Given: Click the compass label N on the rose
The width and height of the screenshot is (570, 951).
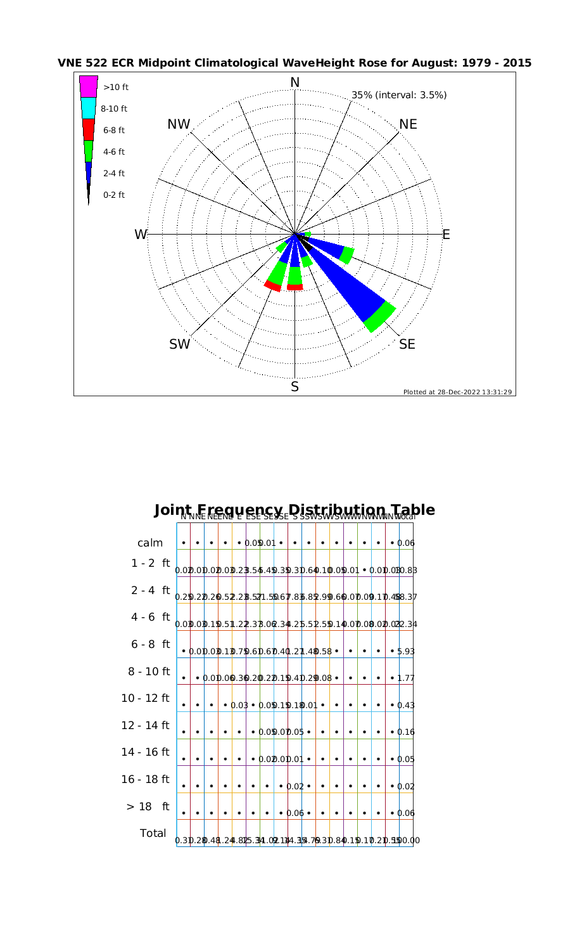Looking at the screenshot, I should pos(294,82).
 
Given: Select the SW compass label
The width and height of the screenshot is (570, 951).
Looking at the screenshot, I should pos(180,344).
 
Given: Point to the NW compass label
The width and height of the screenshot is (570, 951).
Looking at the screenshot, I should pos(179,125).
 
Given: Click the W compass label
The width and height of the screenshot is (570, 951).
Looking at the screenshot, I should pos(141,235).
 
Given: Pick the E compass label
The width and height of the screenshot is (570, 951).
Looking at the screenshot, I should pos(446,235).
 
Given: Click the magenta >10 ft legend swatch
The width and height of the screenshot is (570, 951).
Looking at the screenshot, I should pos(89,86).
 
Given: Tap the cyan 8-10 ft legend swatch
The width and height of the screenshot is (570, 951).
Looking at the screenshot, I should pos(89,108).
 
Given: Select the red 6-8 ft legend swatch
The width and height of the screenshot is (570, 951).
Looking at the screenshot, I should pos(89,129).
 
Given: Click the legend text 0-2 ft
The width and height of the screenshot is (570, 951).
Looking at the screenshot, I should pos(114,195).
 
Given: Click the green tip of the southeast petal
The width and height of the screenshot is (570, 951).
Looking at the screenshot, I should pos(381,318).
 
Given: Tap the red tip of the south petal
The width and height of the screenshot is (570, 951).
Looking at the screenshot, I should pos(294,287).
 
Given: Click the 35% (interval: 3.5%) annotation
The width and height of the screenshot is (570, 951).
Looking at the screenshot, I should pos(399,95).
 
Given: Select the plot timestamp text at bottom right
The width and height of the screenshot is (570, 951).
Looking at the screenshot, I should pos(458,392).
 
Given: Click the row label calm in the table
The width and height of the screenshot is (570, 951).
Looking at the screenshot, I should pos(150,543).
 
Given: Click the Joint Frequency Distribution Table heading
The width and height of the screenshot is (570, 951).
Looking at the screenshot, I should pos(294,510).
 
